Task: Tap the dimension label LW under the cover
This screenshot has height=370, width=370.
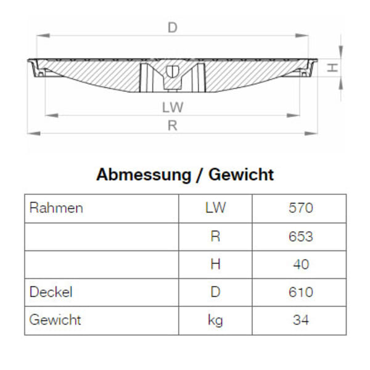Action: [x=173, y=107]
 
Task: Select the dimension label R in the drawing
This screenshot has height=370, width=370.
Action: [x=173, y=125]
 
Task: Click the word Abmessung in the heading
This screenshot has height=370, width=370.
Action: [x=143, y=175]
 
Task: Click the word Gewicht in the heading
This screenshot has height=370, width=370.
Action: [x=241, y=175]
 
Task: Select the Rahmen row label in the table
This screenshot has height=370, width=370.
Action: [x=56, y=208]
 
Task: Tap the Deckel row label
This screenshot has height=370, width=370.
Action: [x=51, y=292]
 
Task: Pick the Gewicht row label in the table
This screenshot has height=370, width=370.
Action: [x=55, y=320]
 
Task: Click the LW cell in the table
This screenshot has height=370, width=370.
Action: [x=215, y=208]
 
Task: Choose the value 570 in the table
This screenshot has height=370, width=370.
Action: [x=300, y=208]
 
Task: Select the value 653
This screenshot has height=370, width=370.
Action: [x=300, y=236]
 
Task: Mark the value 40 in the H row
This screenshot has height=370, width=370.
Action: [x=300, y=264]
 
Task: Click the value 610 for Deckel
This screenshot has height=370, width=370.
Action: [x=300, y=292]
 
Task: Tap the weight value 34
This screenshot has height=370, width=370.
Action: [x=300, y=320]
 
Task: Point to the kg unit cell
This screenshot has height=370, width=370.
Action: [x=215, y=320]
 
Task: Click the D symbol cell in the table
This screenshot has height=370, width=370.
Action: [x=215, y=292]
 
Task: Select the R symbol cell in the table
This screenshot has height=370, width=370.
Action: [x=215, y=236]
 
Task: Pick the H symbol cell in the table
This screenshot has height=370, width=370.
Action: [x=215, y=264]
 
